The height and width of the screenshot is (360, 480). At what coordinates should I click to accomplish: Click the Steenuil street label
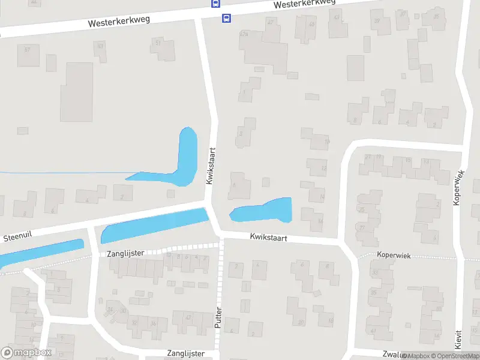pos(17,238)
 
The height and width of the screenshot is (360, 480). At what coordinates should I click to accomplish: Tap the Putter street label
pos(218,316)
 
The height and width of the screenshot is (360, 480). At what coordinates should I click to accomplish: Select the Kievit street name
pos(458,340)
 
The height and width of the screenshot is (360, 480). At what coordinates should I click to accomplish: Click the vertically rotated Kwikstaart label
pos(211,167)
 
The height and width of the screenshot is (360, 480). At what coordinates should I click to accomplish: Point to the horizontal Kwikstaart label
pos(269,238)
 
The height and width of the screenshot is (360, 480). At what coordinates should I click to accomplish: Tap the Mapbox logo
pos(26,353)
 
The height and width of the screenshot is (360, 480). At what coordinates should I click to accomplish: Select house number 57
pos(27,49)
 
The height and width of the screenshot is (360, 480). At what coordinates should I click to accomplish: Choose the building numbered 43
pos(337,18)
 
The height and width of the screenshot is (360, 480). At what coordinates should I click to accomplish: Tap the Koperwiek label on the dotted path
pos(394,256)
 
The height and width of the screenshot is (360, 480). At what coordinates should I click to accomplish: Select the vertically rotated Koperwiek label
pos(459,188)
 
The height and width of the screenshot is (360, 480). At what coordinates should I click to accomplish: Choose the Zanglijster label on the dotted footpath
pos(125,253)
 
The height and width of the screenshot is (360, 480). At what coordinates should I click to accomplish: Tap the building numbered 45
pos(311,25)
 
